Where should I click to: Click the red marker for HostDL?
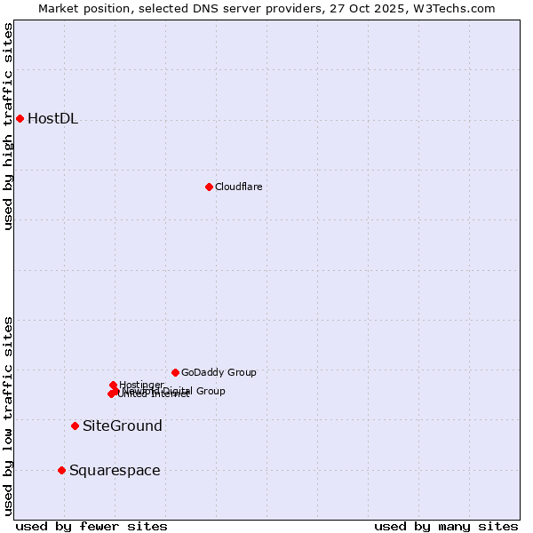[x=20, y=118]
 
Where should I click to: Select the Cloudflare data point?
[x=209, y=187]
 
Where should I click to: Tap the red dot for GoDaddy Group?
[x=175, y=372]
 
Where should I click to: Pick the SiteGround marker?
[x=75, y=426]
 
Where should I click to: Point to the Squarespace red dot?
[x=61, y=470]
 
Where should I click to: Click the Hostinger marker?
[x=113, y=385]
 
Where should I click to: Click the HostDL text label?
[x=52, y=119]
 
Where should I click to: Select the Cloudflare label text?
[x=238, y=187]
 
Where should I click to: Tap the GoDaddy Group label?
[x=219, y=372]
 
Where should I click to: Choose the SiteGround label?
[x=123, y=426]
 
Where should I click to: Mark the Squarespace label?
[x=115, y=471]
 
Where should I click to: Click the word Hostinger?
[x=141, y=384]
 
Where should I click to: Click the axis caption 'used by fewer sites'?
[x=91, y=526]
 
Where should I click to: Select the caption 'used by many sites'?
[x=446, y=526]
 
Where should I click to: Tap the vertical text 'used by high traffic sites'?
[x=9, y=126]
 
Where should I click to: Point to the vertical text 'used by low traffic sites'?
[x=9, y=415]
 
